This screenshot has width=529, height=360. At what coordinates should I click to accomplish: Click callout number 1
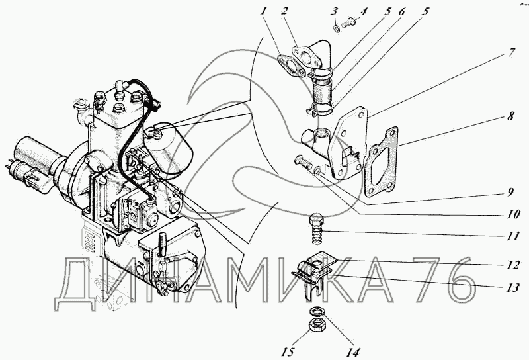pyautogui.click(x=263, y=11)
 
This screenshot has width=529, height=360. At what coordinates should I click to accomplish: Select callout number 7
pyautogui.click(x=512, y=53)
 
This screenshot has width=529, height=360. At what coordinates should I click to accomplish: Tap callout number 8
pyautogui.click(x=510, y=116)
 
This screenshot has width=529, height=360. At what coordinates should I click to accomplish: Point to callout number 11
pyautogui.click(x=512, y=236)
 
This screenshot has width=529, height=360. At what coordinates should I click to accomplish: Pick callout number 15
pyautogui.click(x=288, y=352)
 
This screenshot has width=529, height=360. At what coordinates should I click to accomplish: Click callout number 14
pyautogui.click(x=352, y=352)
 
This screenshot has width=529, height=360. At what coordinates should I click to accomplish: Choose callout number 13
pyautogui.click(x=512, y=287)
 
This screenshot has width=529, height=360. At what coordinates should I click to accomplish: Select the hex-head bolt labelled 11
pyautogui.click(x=316, y=228)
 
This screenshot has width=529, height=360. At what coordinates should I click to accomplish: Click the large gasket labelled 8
pyautogui.click(x=382, y=161)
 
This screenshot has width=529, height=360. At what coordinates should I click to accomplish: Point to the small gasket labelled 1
pyautogui.click(x=292, y=65)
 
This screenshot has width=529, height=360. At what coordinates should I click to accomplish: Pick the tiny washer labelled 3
pyautogui.click(x=337, y=29)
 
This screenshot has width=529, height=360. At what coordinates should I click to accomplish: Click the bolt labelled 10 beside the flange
pyautogui.click(x=304, y=162)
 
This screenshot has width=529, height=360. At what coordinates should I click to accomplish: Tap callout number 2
pyautogui.click(x=284, y=11)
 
